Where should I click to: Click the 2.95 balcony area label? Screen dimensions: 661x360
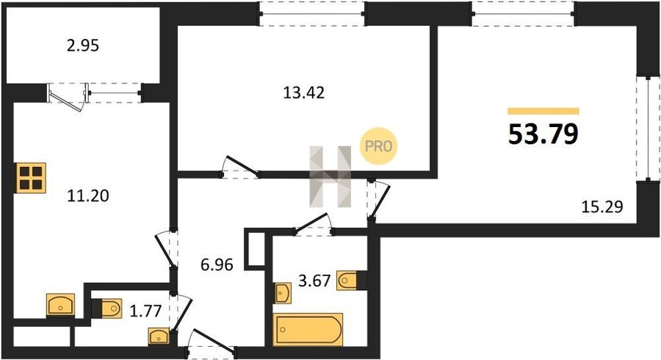tap(83, 46)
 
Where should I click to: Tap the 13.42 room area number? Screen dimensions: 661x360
tap(303, 93)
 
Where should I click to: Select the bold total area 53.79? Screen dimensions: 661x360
tap(543, 134)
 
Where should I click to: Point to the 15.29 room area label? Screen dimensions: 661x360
tap(602, 207)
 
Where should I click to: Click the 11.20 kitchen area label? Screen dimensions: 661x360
tap(88, 195)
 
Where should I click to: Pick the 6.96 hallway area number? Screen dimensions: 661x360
tap(217, 264)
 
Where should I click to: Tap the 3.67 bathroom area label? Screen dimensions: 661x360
tap(314, 281)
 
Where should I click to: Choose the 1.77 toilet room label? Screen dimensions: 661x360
tap(146, 311)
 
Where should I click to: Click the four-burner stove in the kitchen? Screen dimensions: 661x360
tap(31, 178)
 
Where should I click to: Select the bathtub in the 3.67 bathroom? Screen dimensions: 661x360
tap(308, 329)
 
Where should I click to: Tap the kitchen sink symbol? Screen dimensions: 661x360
tap(60, 305)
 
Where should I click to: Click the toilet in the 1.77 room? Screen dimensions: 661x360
tap(107, 308)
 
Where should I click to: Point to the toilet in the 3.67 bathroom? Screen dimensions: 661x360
tap(351, 281)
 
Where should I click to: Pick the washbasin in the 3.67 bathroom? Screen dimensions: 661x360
tap(283, 292)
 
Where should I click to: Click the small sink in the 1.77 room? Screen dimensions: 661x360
tap(159, 336)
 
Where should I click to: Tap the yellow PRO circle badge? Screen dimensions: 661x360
tap(378, 146)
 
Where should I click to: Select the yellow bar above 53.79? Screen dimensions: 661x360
tap(543, 111)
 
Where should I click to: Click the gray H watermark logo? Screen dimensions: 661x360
tap(330, 176)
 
